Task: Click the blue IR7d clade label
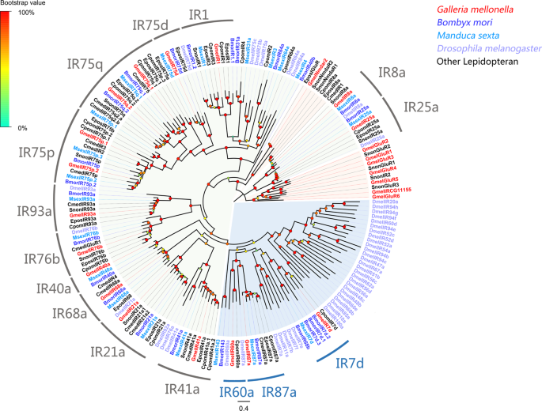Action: tap(350, 364)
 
